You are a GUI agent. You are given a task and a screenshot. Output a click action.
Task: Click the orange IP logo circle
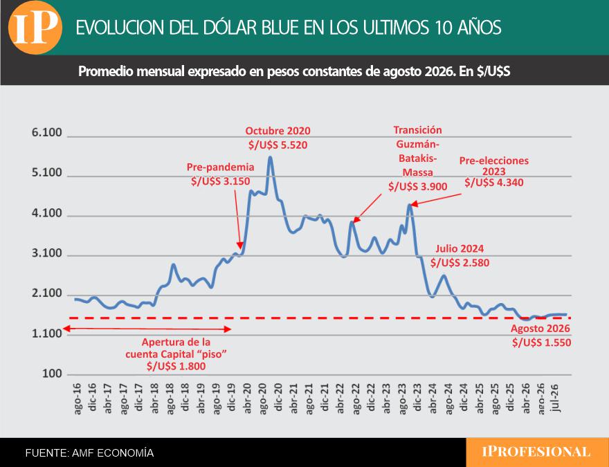coord(35,28)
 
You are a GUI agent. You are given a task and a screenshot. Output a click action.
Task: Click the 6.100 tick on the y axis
coord(47,132)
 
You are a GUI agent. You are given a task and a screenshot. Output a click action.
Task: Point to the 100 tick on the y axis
coord(52,374)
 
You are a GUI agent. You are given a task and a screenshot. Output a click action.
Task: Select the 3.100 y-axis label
coord(47,253)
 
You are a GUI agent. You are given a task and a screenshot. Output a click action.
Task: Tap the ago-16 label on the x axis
coord(77,399)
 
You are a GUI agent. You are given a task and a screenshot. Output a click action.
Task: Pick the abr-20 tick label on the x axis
coord(247,398)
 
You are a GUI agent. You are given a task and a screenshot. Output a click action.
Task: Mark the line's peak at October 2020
coord(271,158)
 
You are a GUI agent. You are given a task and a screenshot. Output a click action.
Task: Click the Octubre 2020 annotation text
coord(278,131)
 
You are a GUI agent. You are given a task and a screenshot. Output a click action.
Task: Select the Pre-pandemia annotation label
coord(220,167)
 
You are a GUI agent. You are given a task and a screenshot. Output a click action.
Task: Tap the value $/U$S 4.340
coord(494,183)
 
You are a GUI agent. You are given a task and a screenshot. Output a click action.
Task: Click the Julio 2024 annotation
coord(460,248)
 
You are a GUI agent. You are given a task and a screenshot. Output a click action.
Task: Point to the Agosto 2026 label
coord(540,329)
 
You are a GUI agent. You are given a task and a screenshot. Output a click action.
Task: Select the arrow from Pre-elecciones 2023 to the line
coord(436,199)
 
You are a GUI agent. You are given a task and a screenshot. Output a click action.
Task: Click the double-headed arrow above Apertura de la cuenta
coord(147,329)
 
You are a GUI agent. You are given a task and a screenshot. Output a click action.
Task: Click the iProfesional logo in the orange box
coord(536,452)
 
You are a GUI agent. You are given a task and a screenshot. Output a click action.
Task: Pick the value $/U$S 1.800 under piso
coord(176,366)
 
